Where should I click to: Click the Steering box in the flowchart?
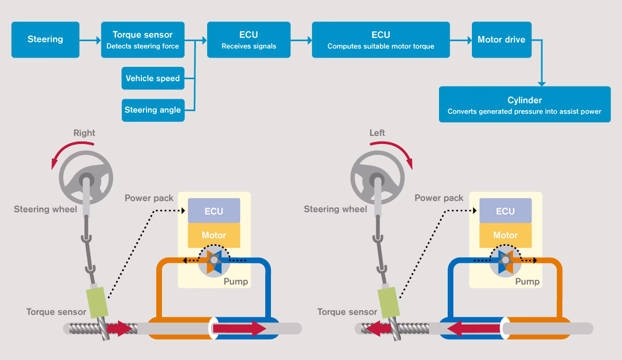[45, 40]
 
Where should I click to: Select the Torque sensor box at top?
[142, 40]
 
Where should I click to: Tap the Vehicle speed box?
[153, 78]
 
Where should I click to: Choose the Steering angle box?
[153, 110]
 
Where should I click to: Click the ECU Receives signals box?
[249, 40]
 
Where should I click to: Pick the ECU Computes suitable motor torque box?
[380, 40]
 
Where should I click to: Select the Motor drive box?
[501, 40]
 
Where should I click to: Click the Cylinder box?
[524, 104]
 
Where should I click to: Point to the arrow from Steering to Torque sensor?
[90, 40]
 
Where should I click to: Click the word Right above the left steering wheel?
[84, 133]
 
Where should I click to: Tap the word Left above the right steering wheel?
[377, 133]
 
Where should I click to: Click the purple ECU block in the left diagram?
[214, 211]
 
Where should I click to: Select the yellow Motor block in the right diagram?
[505, 236]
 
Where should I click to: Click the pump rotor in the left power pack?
[214, 261]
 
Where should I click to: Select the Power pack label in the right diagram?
[439, 198]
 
